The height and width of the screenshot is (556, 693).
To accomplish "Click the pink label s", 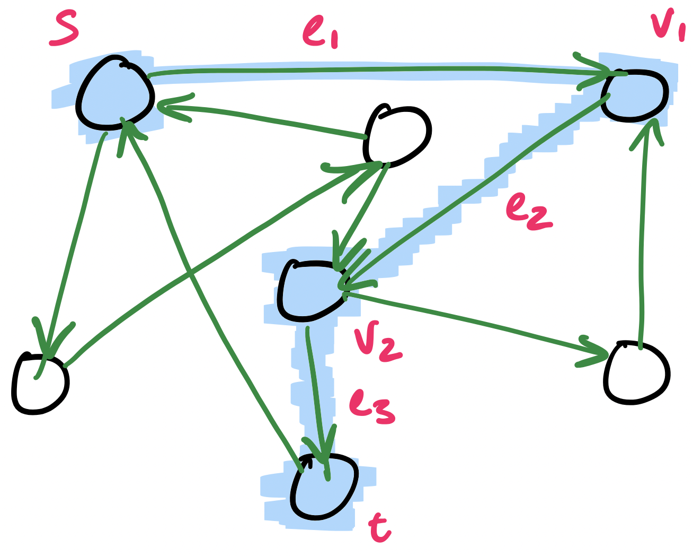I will click(64, 30).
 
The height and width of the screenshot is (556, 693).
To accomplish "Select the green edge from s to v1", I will click(371, 70).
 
